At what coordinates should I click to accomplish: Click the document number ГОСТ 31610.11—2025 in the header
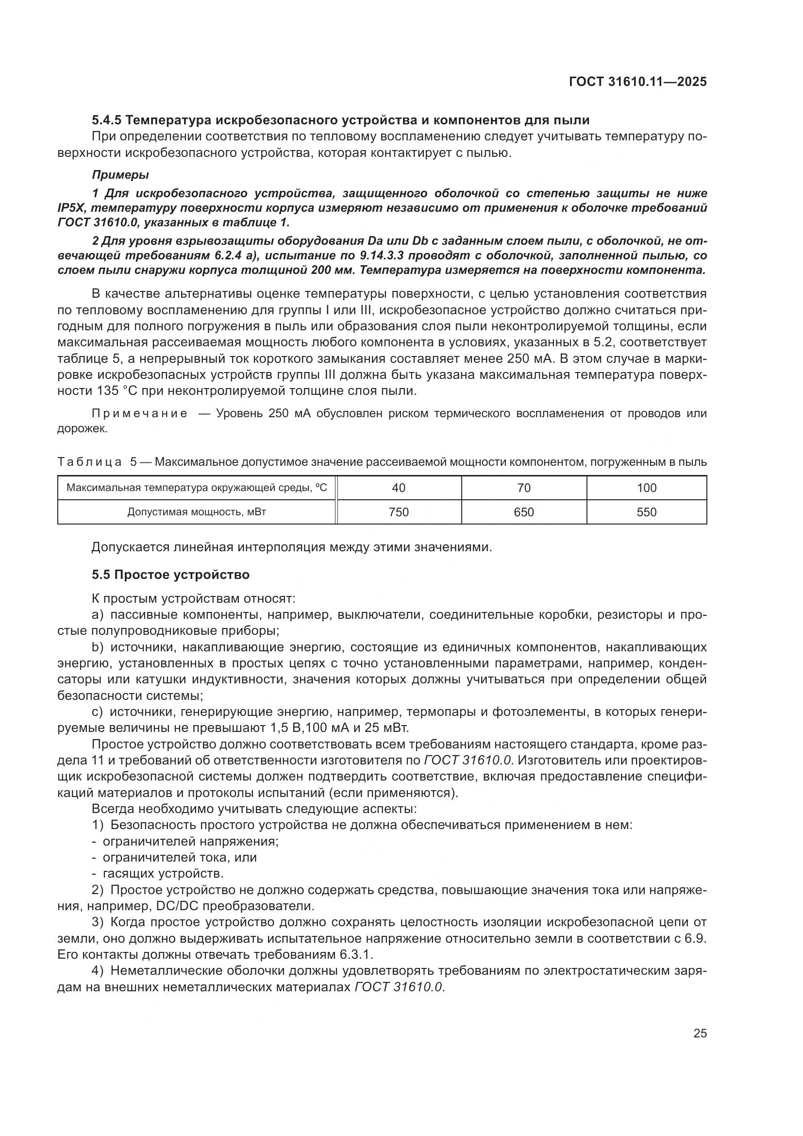point(637,82)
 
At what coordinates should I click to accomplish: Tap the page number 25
point(700,1033)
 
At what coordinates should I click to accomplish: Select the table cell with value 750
point(399,512)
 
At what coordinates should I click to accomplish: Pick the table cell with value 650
point(524,512)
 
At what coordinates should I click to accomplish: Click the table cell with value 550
point(646,512)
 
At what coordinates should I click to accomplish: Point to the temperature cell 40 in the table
point(399,488)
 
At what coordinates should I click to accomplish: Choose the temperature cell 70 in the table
point(524,488)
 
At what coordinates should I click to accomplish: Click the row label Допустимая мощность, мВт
point(196,512)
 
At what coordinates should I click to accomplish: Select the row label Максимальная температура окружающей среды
point(196,488)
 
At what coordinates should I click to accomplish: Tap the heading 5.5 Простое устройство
point(170,575)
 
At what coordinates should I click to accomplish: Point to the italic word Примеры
point(121,175)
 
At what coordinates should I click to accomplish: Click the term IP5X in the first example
point(72,208)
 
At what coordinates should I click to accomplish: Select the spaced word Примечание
point(139,414)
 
